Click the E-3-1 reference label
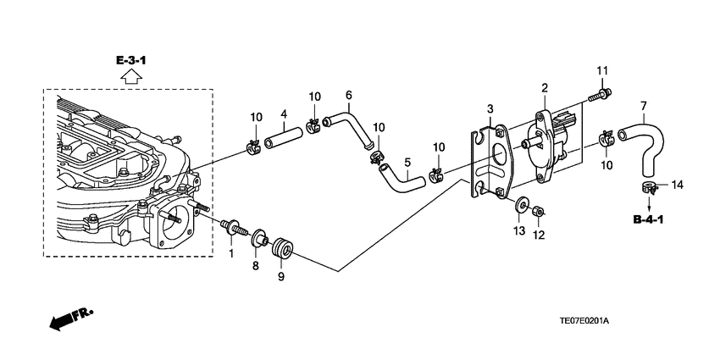(130, 60)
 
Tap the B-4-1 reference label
(648, 219)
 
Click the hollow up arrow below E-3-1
(130, 76)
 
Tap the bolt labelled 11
(600, 96)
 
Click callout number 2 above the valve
(545, 88)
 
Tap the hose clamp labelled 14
(648, 187)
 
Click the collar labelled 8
(259, 237)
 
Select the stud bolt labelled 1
(233, 227)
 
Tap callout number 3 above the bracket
(490, 108)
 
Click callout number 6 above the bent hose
(348, 95)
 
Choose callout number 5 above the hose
(407, 162)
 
